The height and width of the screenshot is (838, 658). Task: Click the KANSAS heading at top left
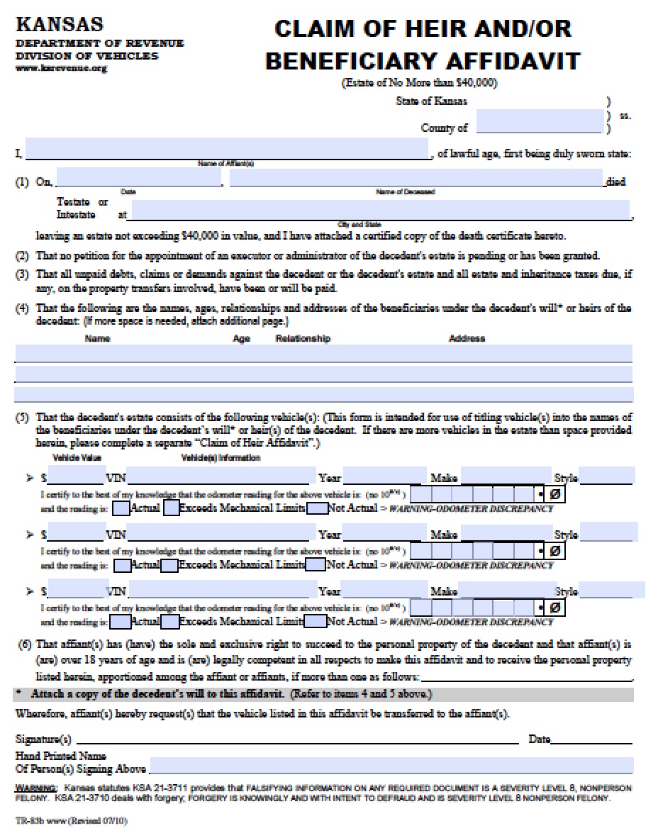click(60, 26)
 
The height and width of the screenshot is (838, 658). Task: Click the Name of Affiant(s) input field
click(227, 149)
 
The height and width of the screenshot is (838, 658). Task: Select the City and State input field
click(380, 210)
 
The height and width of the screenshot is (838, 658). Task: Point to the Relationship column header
click(303, 338)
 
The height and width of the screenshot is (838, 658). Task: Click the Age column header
click(241, 338)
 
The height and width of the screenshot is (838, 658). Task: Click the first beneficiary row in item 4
click(323, 353)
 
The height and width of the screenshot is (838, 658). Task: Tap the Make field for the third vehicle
click(505, 590)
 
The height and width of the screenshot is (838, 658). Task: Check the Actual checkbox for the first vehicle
click(121, 508)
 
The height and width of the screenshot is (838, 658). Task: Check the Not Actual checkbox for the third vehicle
click(316, 622)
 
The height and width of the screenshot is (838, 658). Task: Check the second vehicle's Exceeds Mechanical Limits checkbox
click(169, 565)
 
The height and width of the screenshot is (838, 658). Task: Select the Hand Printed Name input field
click(391, 765)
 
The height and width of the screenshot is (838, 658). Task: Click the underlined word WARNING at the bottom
click(35, 788)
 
